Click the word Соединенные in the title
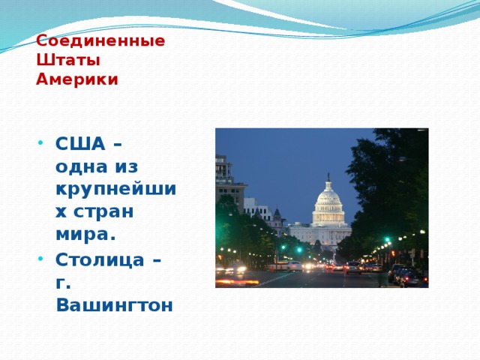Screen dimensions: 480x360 coord(100,41)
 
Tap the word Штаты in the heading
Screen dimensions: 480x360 coord(68,60)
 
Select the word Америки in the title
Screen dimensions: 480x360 coord(77,79)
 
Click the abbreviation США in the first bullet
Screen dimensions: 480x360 coord(80,143)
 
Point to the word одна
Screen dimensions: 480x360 coord(82,167)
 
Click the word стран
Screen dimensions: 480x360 coord(103,211)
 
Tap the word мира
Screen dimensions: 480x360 coord(85,234)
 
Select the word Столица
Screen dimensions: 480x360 coord(100,260)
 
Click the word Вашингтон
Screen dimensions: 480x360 coord(115,305)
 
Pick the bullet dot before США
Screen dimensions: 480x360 coord(40,143)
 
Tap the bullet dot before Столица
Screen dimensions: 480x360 coord(40,259)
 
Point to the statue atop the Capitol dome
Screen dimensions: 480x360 coord(328,177)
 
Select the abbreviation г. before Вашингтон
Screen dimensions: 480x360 coord(63,283)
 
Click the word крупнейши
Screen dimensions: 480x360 coord(116,189)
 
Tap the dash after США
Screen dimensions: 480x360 coord(118,144)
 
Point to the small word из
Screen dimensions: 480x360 coord(127,167)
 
